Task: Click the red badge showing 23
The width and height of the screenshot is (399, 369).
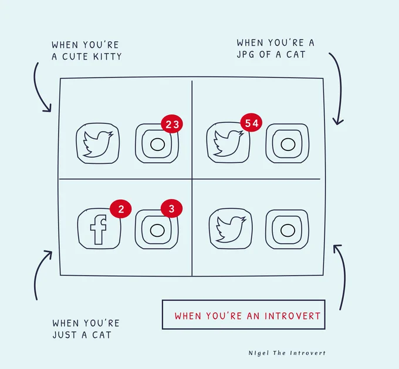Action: pyautogui.click(x=172, y=124)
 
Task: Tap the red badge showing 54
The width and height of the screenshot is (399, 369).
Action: pyautogui.click(x=251, y=123)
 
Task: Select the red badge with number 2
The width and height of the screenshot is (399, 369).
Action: pyautogui.click(x=121, y=209)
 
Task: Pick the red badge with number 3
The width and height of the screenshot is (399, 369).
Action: pyautogui.click(x=171, y=209)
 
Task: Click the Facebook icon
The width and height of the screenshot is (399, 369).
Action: pyautogui.click(x=99, y=229)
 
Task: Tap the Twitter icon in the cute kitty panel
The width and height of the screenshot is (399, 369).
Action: pyautogui.click(x=98, y=143)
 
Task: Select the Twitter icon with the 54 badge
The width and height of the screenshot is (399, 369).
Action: pyautogui.click(x=228, y=143)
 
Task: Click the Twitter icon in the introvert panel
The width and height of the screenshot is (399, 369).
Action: pyautogui.click(x=231, y=229)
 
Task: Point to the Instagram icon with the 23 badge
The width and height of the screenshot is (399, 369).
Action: pyautogui.click(x=157, y=143)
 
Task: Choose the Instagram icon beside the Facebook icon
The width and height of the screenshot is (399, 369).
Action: pyautogui.click(x=157, y=229)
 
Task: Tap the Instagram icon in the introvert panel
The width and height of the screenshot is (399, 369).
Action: pyautogui.click(x=288, y=229)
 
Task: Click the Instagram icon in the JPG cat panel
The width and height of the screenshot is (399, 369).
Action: pyautogui.click(x=288, y=143)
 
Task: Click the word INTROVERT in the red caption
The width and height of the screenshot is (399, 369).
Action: pyautogui.click(x=292, y=316)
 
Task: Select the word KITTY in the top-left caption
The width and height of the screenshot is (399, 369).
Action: pyautogui.click(x=107, y=56)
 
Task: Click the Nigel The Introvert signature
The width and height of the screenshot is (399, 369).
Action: pyautogui.click(x=287, y=353)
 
